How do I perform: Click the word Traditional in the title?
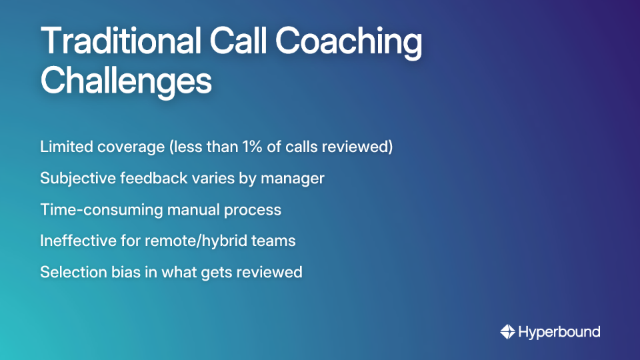[x=120, y=43]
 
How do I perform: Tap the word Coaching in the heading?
[x=349, y=43]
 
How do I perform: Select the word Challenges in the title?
[x=126, y=81]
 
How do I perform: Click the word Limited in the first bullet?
[x=65, y=147]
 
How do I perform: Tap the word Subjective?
[x=75, y=179]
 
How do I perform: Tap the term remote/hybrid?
[x=191, y=241]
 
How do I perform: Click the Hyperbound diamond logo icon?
[x=507, y=331]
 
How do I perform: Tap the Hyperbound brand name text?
[x=559, y=331]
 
